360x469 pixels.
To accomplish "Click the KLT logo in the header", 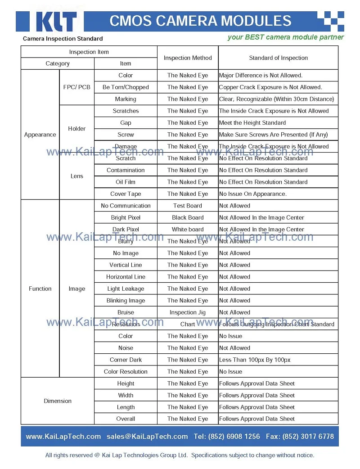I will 54,21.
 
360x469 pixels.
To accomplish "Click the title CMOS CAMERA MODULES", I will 201,21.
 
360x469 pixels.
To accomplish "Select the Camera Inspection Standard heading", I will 63,39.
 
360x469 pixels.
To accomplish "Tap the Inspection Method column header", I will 188,58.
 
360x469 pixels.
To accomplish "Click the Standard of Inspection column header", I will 278,58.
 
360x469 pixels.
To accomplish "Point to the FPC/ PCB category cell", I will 77,87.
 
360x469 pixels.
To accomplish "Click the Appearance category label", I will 40,135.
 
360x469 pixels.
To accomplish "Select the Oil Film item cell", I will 126,182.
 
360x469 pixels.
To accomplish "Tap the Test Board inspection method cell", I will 188,206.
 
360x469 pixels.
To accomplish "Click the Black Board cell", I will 188,217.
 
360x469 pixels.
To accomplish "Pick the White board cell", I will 188,229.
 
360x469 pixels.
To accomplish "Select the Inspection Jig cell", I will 188,312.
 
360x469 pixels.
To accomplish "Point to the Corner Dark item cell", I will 126,360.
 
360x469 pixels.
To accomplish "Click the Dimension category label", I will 58,401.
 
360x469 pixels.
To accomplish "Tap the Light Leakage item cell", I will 126,289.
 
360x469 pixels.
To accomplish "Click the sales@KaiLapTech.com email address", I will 147,436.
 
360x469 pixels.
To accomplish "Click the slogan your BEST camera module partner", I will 285,37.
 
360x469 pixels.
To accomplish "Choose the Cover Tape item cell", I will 126,194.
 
